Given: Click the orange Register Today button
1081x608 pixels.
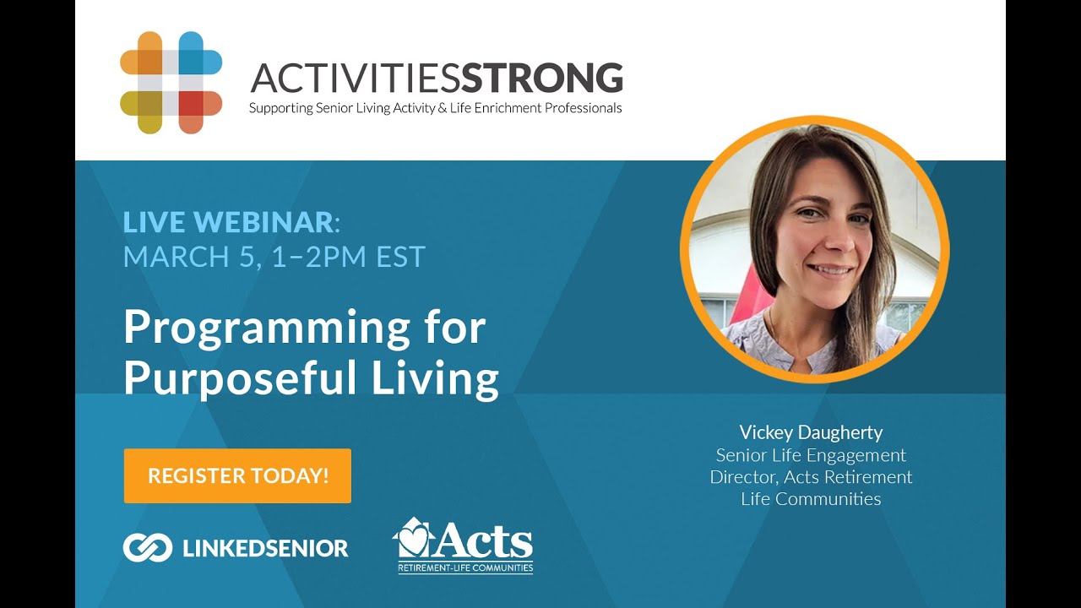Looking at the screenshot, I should pyautogui.click(x=237, y=475).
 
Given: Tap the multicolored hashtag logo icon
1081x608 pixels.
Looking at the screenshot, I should pyautogui.click(x=171, y=83).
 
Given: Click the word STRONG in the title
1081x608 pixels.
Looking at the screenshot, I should pyautogui.click(x=542, y=79).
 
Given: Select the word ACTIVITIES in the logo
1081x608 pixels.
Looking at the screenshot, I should pyautogui.click(x=356, y=79).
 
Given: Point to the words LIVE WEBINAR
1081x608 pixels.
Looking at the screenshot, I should pyautogui.click(x=229, y=222).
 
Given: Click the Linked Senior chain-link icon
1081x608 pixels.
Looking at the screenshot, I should pyautogui.click(x=148, y=548).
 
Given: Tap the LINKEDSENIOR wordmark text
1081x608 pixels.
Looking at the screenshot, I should pyautogui.click(x=265, y=548).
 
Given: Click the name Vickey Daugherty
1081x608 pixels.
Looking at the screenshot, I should pyautogui.click(x=811, y=432).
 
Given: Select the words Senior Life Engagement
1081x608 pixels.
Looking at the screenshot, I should pyautogui.click(x=811, y=455).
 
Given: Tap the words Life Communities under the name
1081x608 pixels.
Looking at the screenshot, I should pyautogui.click(x=811, y=499).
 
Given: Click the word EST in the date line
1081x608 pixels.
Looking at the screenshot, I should pyautogui.click(x=399, y=256).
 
